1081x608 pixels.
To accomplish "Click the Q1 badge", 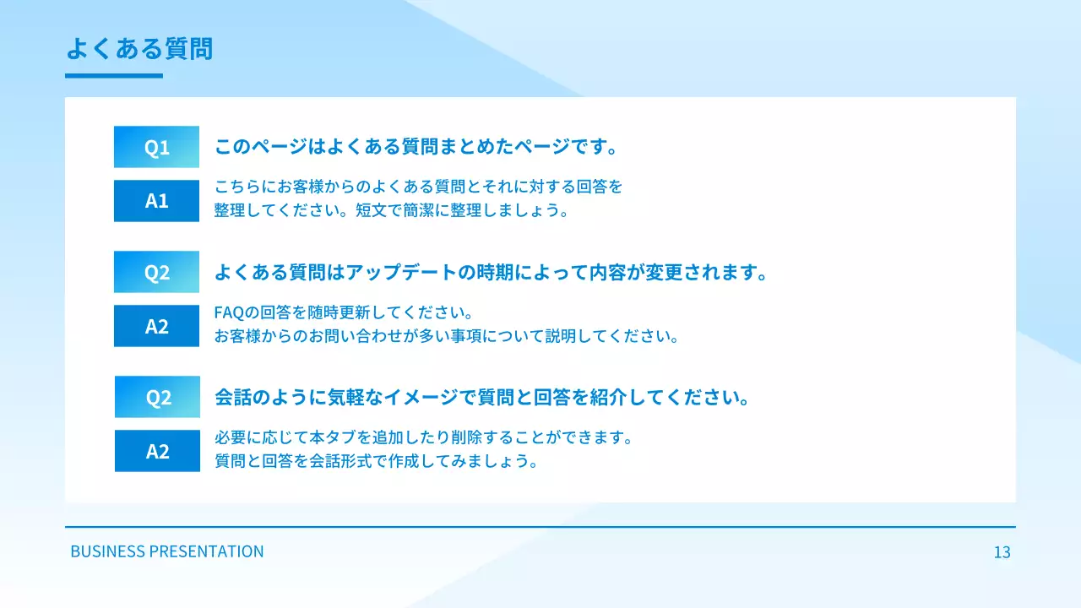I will (156, 147).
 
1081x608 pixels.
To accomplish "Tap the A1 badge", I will (156, 201).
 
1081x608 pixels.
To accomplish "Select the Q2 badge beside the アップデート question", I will (156, 272).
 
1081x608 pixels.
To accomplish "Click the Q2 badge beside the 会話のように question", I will (157, 397).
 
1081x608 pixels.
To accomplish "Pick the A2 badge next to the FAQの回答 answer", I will (156, 326).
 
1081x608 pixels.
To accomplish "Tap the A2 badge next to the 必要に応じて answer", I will (157, 451).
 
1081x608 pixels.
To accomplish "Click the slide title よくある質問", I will (139, 49).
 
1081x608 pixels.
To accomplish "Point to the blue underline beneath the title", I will (114, 76).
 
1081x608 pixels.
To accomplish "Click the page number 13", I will (1002, 552).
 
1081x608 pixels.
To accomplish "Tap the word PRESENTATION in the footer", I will (206, 551).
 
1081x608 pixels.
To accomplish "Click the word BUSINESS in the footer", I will (107, 551).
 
